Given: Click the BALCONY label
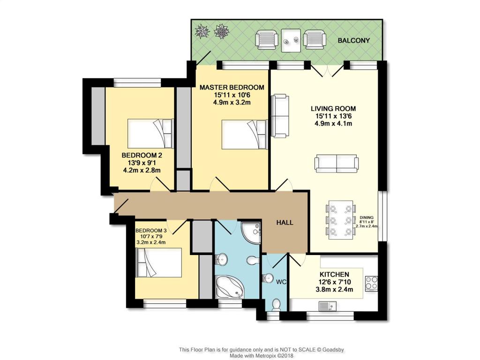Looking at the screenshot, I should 354,41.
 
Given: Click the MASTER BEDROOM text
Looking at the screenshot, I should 232,87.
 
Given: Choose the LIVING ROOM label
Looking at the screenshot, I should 333,108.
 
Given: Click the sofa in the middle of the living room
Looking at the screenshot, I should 337,163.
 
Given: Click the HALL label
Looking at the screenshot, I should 284,222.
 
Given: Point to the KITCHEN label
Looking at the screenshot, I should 334,274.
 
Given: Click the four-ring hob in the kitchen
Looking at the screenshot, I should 372,283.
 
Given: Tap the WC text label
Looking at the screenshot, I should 281,282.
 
